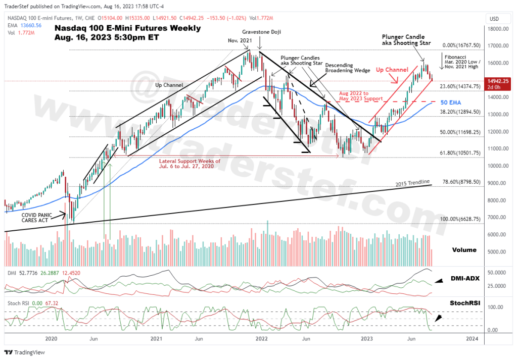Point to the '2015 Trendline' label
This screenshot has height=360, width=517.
tap(413, 182)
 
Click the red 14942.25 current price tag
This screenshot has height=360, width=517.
tap(497, 81)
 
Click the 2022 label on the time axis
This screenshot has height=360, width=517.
tap(261, 338)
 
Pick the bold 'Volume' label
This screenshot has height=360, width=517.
tap(464, 249)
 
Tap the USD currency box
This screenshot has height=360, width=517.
tap(494, 19)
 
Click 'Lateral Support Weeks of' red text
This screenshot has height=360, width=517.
tap(189, 161)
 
